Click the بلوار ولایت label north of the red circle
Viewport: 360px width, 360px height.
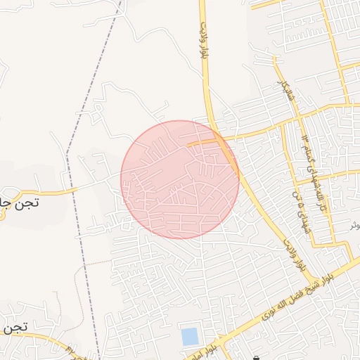click(x=203, y=46)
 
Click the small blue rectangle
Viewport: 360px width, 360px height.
click(x=190, y=336)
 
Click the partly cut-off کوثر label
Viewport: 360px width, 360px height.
click(x=354, y=226)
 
